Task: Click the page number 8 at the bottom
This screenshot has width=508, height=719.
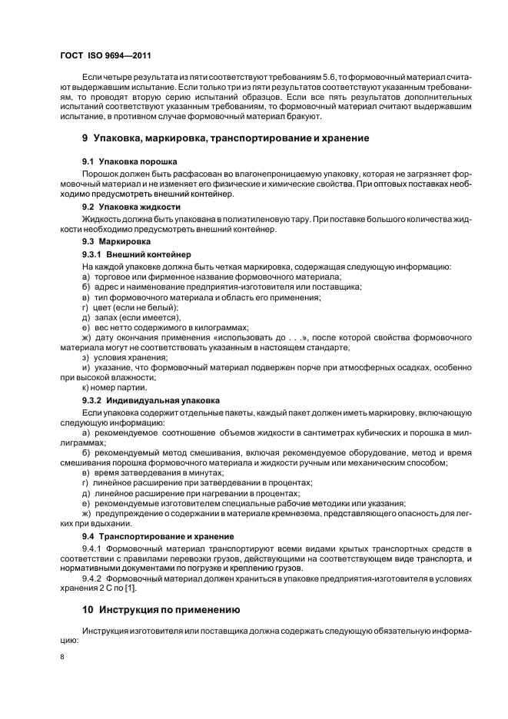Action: pos(62,658)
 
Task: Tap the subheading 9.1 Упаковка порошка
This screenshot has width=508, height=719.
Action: pos(130,161)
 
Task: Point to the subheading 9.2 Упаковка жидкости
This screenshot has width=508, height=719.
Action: pos(131,207)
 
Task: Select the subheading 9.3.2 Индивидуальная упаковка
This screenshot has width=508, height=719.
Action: pos(151,400)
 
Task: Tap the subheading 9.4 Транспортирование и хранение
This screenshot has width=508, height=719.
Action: pos(158,535)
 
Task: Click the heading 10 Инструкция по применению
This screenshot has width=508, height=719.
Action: pos(161,610)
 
